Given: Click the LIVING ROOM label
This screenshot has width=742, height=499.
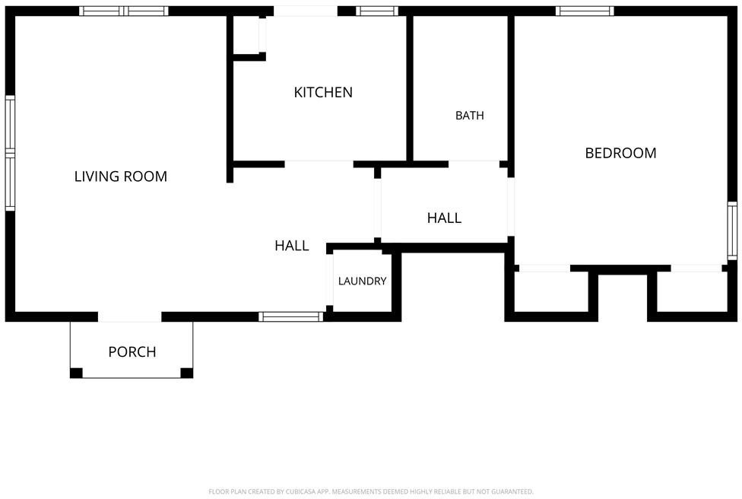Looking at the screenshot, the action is (121, 176).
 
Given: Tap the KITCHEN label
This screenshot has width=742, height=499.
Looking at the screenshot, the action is (323, 92).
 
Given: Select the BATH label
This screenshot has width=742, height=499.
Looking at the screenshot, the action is (469, 116).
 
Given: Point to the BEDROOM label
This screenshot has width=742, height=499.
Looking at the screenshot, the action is (620, 153).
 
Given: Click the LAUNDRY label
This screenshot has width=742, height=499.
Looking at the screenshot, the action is (362, 281).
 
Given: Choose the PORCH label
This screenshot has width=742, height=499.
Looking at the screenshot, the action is (132, 351).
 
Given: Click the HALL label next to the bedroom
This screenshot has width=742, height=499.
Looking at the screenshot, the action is (444, 218).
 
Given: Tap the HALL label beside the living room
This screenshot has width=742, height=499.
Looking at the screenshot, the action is (291, 245).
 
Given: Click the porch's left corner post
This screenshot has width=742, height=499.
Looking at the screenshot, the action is (76, 373).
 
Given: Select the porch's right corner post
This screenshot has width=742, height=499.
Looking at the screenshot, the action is (187, 373).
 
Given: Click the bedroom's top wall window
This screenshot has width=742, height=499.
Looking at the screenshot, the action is (585, 11).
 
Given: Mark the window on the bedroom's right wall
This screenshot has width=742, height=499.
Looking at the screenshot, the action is (732, 230).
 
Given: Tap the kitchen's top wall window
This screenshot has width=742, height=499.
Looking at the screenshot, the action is (377, 11).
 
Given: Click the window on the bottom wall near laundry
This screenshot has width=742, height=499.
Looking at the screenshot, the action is (291, 316).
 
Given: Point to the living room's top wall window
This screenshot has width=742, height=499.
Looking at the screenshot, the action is (123, 11).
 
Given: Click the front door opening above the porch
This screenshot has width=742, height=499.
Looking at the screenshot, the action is (130, 316).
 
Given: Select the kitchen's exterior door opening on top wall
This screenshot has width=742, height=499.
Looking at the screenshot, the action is (306, 11).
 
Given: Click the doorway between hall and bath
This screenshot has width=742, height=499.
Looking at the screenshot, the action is (474, 164).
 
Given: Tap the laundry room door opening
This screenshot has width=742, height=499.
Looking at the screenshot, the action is (330, 280).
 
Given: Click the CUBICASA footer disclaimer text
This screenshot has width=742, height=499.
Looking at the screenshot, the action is (371, 492).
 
